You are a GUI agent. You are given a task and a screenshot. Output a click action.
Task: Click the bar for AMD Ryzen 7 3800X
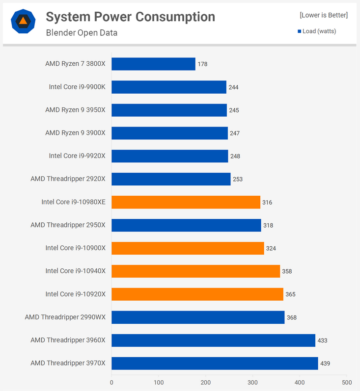coord(153,64)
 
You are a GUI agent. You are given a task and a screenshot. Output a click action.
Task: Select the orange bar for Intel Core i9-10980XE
coord(186,202)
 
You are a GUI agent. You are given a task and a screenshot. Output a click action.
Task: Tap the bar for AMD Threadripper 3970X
coord(215,364)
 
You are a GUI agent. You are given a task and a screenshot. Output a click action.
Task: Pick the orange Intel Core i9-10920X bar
coord(197,294)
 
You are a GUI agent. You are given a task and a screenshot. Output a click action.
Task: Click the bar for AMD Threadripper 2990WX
coord(198,317)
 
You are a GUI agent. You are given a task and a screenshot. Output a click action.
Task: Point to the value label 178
coord(202,64)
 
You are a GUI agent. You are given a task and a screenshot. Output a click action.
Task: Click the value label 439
coord(325,364)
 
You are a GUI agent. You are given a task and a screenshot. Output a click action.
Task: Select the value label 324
coord(271,248)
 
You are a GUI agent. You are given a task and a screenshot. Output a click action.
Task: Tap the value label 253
coord(238,179)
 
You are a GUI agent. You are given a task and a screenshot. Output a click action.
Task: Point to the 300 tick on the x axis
coord(253,382)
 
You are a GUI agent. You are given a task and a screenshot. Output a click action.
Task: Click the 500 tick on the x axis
coord(347,382)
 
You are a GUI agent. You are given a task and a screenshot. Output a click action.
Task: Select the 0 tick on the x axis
coord(111,382)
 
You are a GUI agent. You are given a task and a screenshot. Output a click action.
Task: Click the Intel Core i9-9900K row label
coord(77,87)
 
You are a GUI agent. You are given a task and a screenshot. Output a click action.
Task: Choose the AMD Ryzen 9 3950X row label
coord(75,110)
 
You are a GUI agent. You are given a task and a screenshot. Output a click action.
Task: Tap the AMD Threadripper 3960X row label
coord(68,340)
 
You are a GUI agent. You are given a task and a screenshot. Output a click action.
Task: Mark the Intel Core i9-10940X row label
coord(76,271)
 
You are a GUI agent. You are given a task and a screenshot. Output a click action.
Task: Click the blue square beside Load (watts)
coord(299,31)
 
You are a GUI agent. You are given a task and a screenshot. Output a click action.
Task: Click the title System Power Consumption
coord(130,17)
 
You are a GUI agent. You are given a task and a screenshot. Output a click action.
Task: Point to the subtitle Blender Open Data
coord(82,33)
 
